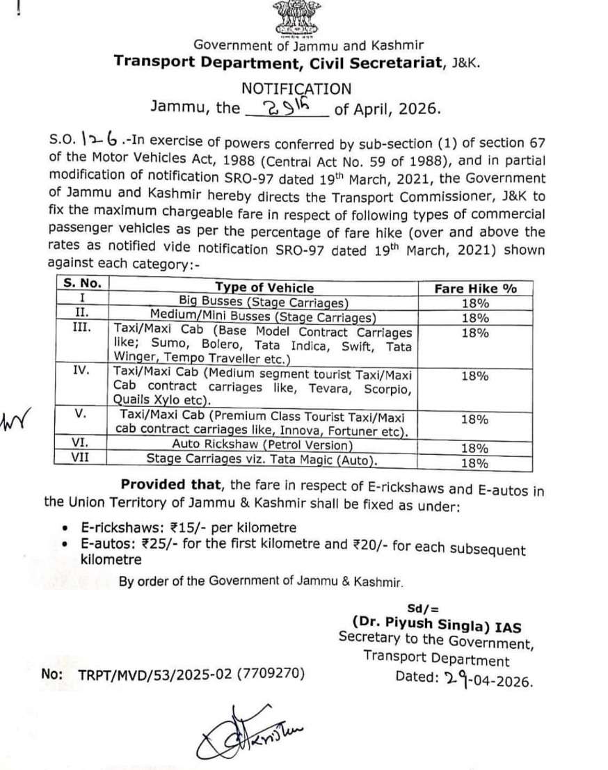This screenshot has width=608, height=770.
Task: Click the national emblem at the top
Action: click(295, 19)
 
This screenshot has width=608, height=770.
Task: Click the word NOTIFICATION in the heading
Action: click(296, 88)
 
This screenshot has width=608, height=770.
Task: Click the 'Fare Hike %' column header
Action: click(475, 288)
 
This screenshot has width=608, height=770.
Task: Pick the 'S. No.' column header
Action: click(83, 285)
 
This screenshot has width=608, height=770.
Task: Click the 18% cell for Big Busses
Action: click(475, 303)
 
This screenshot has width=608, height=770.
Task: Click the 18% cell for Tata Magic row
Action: click(475, 461)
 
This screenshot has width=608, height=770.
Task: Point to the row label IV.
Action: click(81, 371)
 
